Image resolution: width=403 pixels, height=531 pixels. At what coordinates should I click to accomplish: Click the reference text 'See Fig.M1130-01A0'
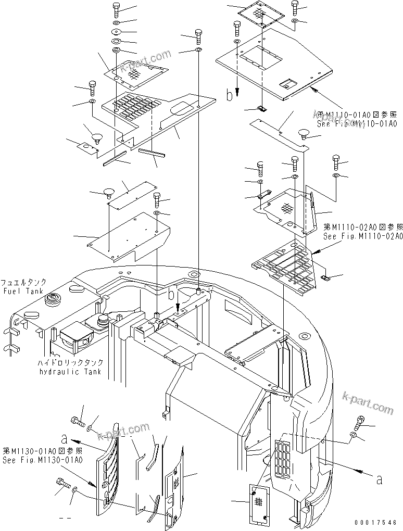pos(42,460)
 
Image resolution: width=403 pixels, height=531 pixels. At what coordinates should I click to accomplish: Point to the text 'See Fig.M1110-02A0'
pos(360,235)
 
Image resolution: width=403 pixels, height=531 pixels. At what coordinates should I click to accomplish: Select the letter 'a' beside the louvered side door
pos(64,438)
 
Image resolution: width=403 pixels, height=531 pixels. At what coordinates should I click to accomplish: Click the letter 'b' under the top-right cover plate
pos(229,95)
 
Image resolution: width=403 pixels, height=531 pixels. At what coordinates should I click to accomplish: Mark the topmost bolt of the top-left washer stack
pos(116,9)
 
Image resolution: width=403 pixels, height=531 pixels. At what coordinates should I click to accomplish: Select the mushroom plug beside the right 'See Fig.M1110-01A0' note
pos(304,134)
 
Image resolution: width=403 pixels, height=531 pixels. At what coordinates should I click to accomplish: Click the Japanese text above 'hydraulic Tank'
pos(70,363)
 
